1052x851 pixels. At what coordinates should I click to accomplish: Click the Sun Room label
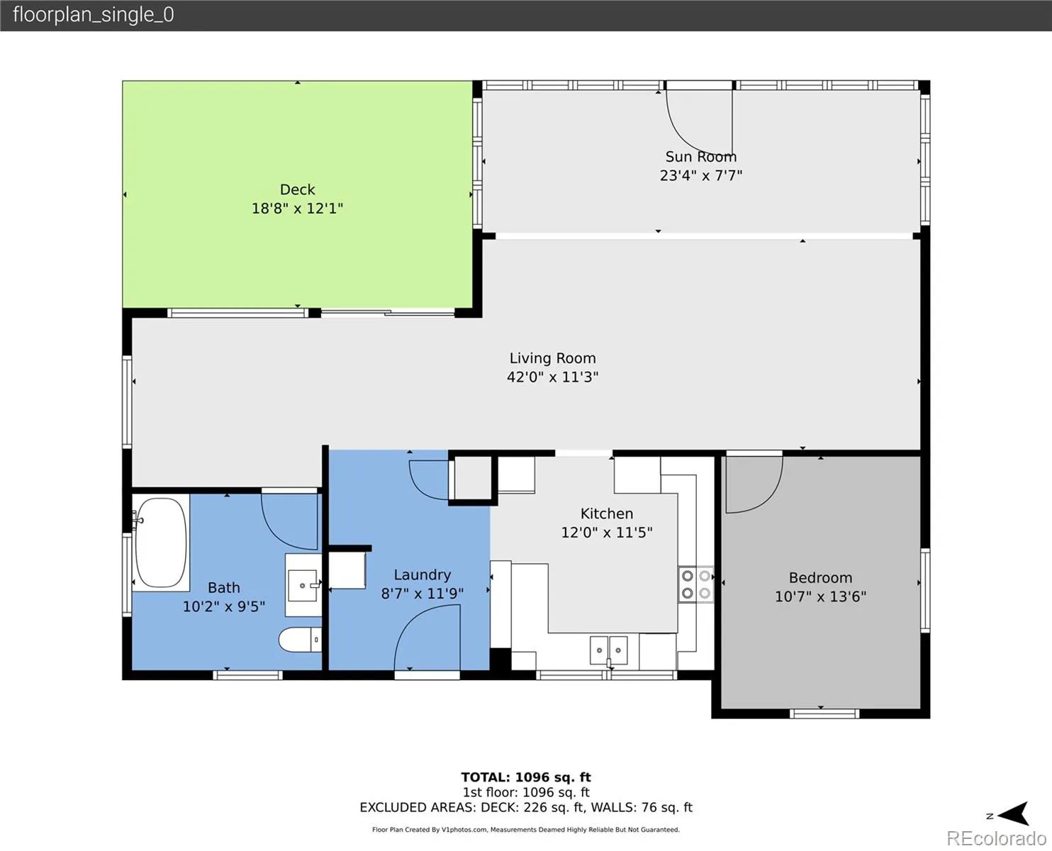(701, 157)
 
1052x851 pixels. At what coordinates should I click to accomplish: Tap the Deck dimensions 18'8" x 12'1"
(297, 208)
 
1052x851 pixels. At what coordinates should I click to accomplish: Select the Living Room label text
(553, 358)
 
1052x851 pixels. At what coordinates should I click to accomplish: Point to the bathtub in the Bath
(161, 543)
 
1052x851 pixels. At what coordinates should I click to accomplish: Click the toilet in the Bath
(300, 640)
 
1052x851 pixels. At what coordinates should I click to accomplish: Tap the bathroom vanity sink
(302, 585)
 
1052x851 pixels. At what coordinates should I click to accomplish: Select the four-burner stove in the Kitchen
(696, 584)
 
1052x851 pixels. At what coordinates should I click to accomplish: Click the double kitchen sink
(608, 650)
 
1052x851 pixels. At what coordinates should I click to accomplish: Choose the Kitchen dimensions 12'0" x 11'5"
(607, 533)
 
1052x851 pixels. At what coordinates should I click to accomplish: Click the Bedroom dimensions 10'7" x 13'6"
(820, 596)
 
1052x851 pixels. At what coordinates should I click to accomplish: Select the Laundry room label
(423, 575)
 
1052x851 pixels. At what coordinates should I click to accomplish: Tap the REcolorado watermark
(996, 838)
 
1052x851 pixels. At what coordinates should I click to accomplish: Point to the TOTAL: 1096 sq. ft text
(526, 777)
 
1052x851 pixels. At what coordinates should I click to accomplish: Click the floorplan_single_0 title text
(94, 15)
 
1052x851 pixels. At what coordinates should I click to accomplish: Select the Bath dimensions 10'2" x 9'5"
(224, 606)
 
